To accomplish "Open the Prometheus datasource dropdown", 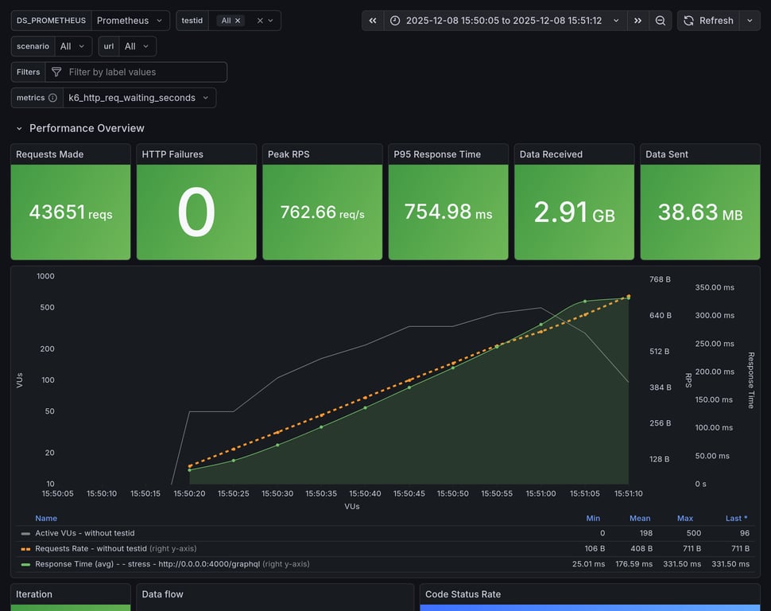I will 130,21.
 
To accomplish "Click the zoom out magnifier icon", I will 660,21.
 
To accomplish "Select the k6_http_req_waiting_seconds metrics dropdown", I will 139,98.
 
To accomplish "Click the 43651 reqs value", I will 71,212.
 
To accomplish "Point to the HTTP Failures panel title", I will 172,154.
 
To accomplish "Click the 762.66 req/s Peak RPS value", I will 322,212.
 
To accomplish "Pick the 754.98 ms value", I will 447,212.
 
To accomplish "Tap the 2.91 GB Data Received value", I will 574,212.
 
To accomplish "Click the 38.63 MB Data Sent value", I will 699,212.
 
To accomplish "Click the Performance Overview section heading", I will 87,128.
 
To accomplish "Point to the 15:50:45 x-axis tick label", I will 409,493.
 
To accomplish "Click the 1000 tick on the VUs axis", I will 45,276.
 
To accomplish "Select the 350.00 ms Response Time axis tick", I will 715,287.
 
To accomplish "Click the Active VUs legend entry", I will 84,533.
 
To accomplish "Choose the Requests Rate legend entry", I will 91,548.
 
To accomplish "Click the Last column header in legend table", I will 736,518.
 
